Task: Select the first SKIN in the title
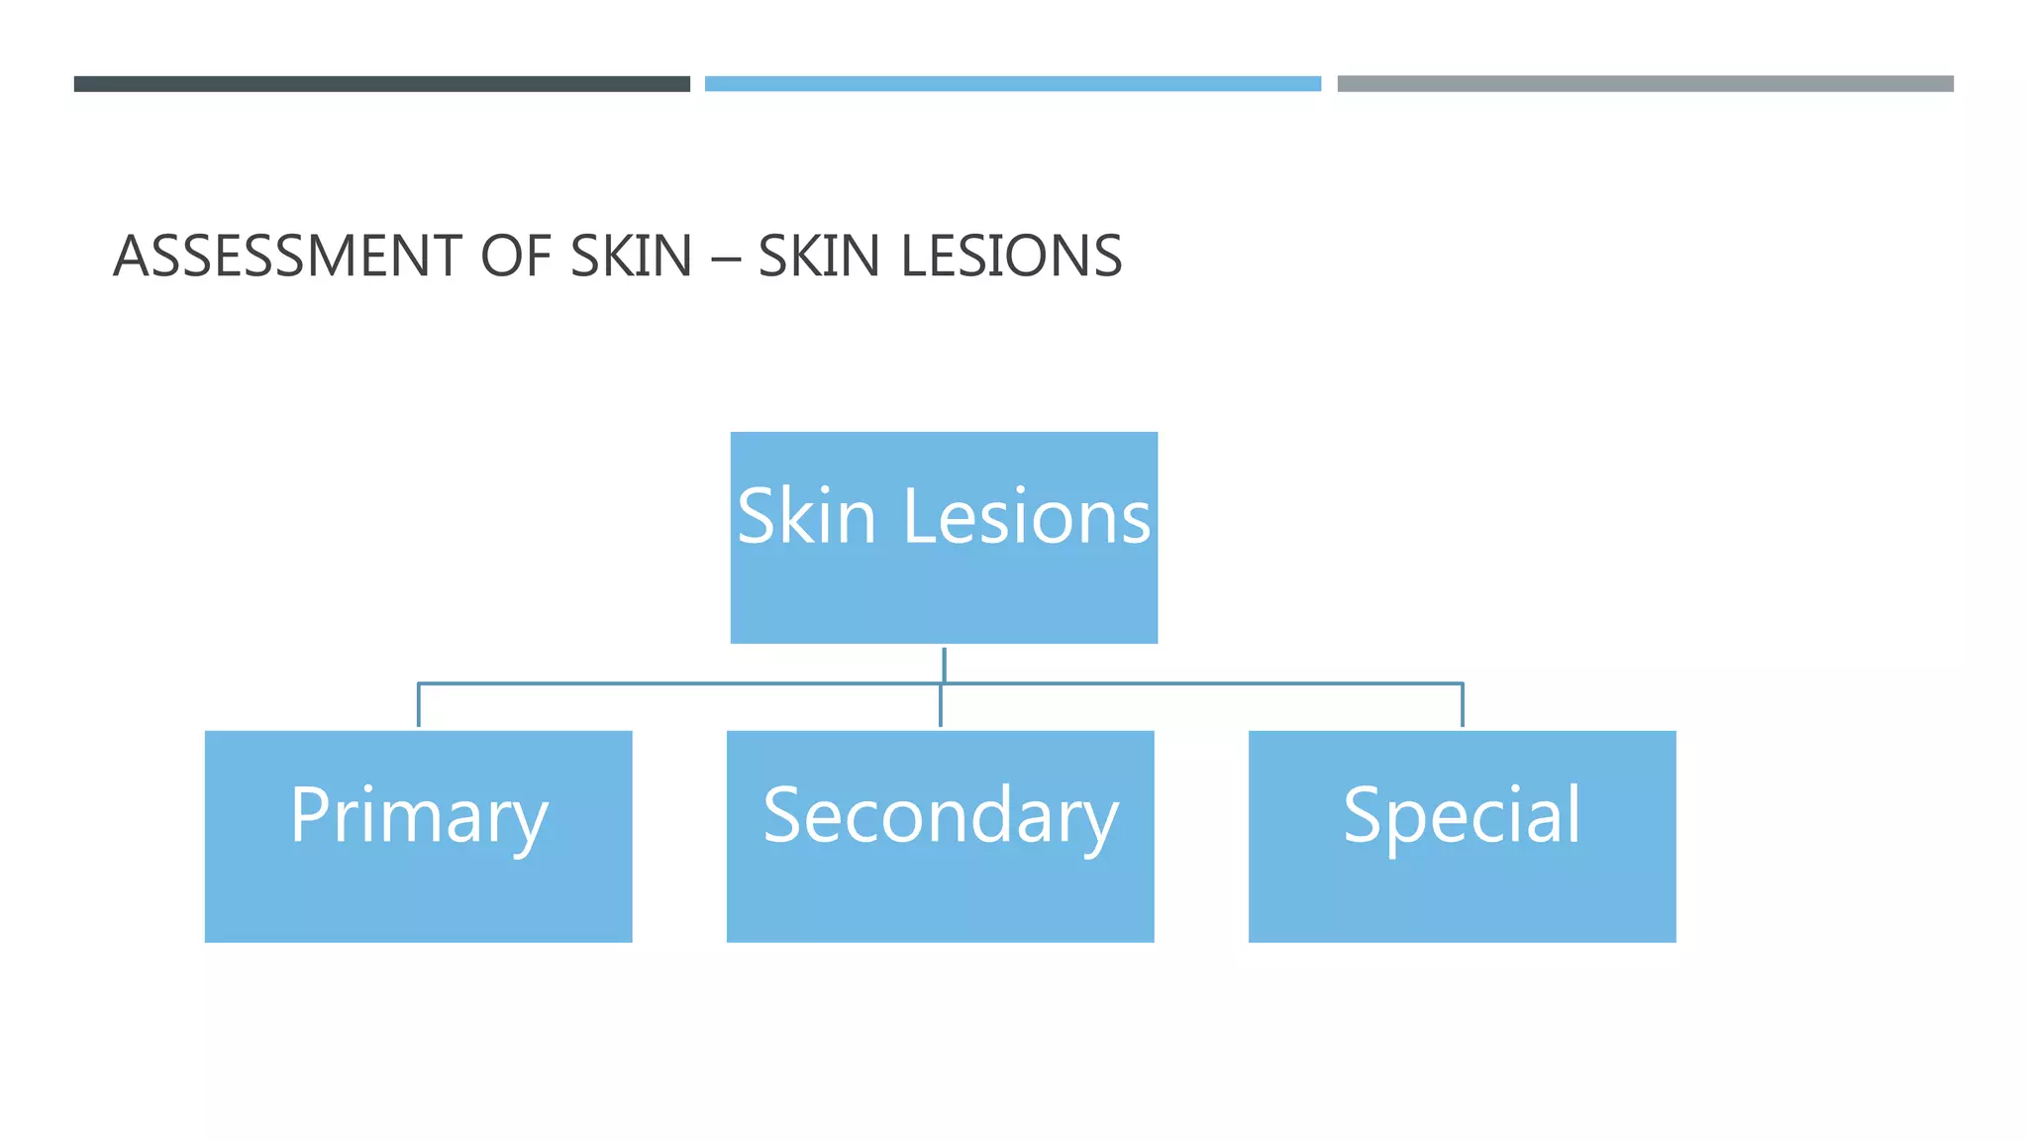click(x=631, y=256)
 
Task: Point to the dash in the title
click(x=725, y=258)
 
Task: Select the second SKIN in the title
click(x=819, y=256)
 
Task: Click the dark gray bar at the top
click(x=381, y=84)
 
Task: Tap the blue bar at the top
click(x=1012, y=84)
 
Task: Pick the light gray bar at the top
click(x=1645, y=84)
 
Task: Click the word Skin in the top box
click(x=806, y=516)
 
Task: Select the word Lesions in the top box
click(x=1027, y=516)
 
